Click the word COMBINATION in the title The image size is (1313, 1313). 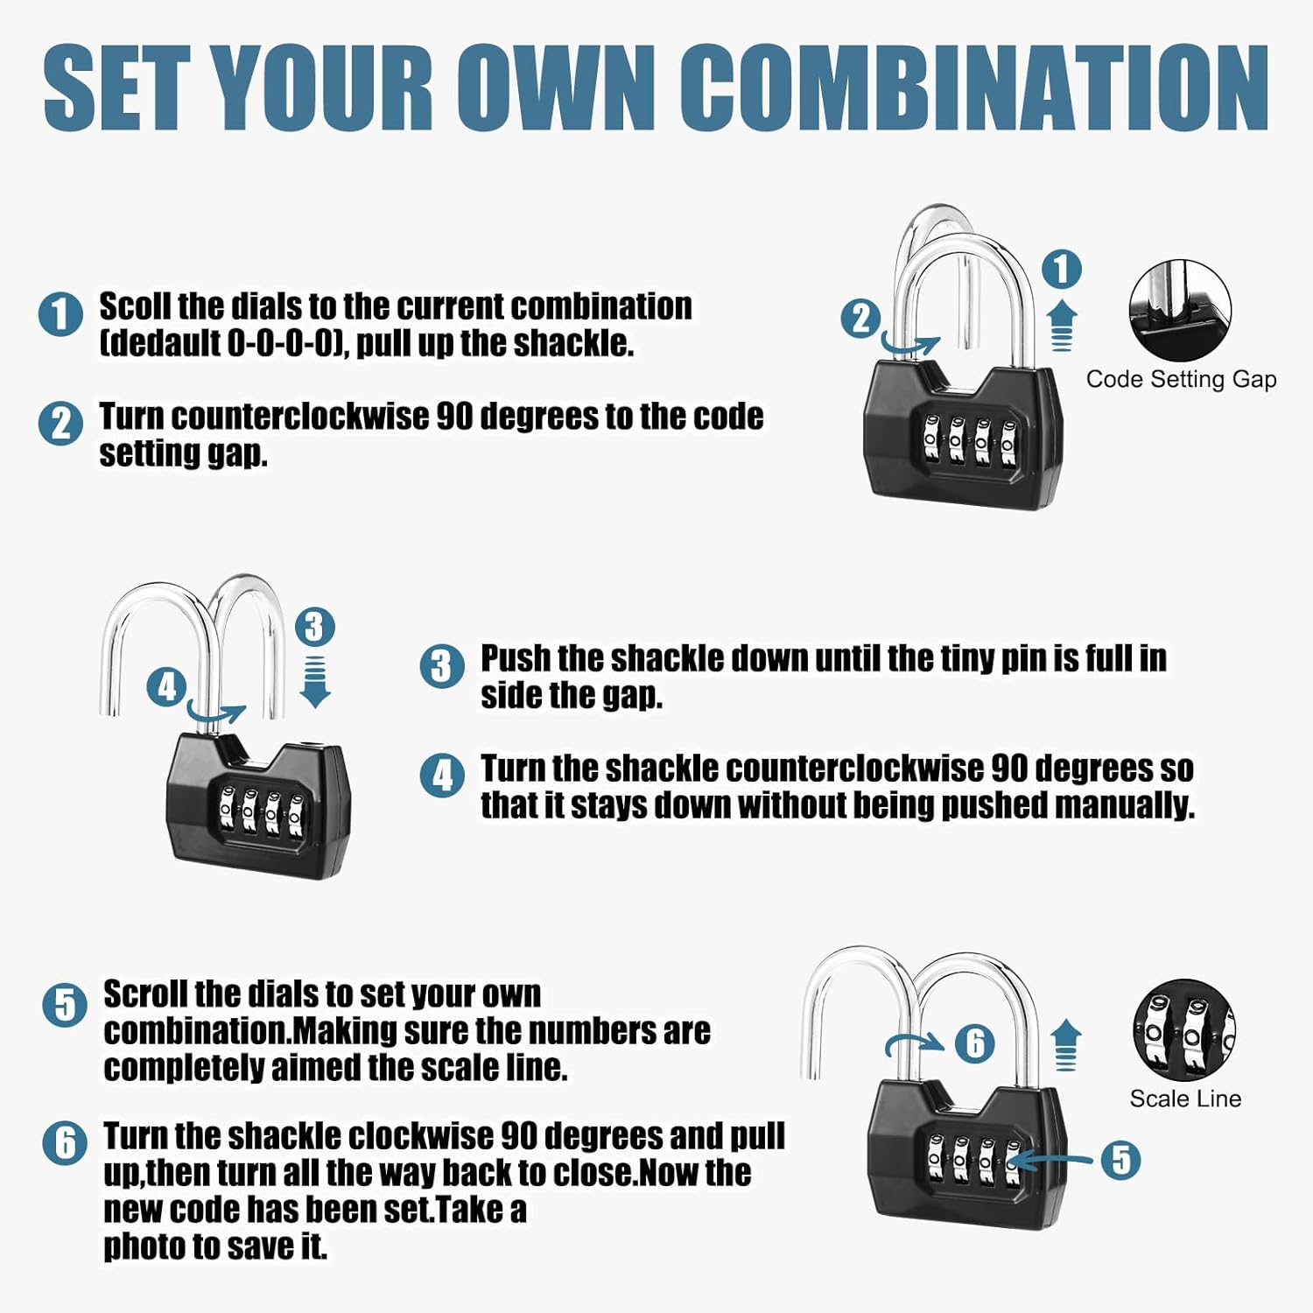pyautogui.click(x=974, y=88)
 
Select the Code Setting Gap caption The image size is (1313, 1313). pyautogui.click(x=1181, y=379)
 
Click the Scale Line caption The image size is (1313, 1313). pyautogui.click(x=1185, y=1099)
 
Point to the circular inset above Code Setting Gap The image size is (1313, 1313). pyautogui.click(x=1180, y=310)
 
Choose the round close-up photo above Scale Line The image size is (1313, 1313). pyautogui.click(x=1183, y=1029)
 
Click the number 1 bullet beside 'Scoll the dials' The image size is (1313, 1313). pyautogui.click(x=60, y=313)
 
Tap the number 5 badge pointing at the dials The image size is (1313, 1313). pyautogui.click(x=1120, y=1160)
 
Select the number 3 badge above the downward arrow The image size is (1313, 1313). pyautogui.click(x=314, y=627)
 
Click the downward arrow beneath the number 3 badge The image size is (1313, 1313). pyautogui.click(x=315, y=682)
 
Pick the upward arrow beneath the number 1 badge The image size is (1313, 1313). pyautogui.click(x=1062, y=325)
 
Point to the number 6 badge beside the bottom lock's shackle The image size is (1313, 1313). pyautogui.click(x=974, y=1043)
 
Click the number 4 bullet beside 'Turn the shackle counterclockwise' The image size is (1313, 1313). pyautogui.click(x=442, y=776)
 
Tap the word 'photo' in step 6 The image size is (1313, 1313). pyautogui.click(x=142, y=1246)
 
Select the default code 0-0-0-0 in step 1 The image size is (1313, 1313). pyautogui.click(x=282, y=343)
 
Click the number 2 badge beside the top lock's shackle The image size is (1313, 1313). pyautogui.click(x=860, y=319)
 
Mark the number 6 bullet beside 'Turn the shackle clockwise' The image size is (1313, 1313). pyautogui.click(x=65, y=1142)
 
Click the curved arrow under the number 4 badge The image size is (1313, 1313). pyautogui.click(x=215, y=716)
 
